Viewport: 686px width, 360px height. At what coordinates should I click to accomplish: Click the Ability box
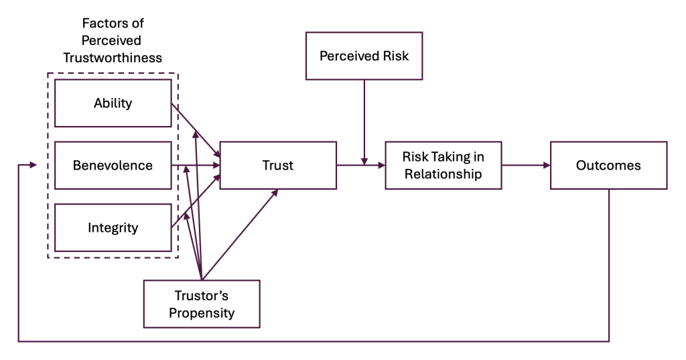click(113, 103)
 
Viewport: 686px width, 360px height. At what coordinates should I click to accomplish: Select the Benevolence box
click(113, 165)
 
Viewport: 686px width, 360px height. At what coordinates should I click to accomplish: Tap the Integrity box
click(113, 227)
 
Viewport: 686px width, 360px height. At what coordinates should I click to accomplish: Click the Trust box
click(278, 165)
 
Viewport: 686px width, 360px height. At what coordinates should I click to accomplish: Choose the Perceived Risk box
click(364, 56)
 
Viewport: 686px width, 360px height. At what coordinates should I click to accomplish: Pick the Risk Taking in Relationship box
click(443, 165)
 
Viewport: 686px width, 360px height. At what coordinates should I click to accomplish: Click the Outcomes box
click(608, 165)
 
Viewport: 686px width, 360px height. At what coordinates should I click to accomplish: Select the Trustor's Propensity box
click(202, 304)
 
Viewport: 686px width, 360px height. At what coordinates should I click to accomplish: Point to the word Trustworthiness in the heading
click(113, 58)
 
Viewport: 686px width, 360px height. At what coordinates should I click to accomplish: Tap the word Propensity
click(202, 312)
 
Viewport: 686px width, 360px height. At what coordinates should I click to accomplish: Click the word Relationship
click(443, 174)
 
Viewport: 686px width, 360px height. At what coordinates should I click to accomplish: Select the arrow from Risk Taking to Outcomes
click(525, 165)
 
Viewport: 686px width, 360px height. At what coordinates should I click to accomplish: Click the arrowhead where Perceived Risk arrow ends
click(364, 161)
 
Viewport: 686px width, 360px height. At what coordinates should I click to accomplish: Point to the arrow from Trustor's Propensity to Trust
click(240, 235)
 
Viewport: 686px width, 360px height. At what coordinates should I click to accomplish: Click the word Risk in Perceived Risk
click(394, 56)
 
